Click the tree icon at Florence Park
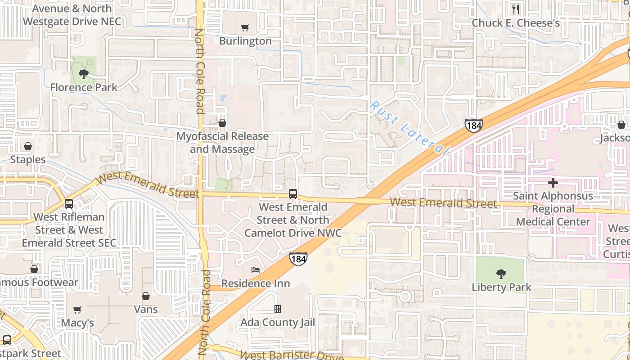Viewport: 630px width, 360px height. coord(83,74)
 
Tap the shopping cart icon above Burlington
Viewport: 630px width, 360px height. coord(245,28)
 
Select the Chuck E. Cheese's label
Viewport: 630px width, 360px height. coord(516,23)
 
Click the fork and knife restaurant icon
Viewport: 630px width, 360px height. coord(516,9)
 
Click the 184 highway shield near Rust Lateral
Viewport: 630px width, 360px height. coord(474,126)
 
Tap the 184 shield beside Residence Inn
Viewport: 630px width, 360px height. coord(298,259)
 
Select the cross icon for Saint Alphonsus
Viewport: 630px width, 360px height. coord(553,183)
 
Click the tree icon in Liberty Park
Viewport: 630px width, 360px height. coord(501,274)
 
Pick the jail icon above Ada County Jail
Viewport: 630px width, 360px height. coord(278,309)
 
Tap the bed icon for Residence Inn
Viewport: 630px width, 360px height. coord(256,270)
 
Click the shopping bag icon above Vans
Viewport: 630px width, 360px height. coord(146,296)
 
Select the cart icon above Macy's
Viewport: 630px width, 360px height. coord(77,310)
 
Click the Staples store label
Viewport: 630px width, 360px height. coord(28,160)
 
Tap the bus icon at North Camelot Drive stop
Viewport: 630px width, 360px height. coord(293,194)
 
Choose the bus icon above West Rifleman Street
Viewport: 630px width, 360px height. coord(69,203)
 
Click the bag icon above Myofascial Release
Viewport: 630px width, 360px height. coord(222,123)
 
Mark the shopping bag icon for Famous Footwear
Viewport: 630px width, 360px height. coord(34,269)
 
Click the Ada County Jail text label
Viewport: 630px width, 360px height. coord(278,323)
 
